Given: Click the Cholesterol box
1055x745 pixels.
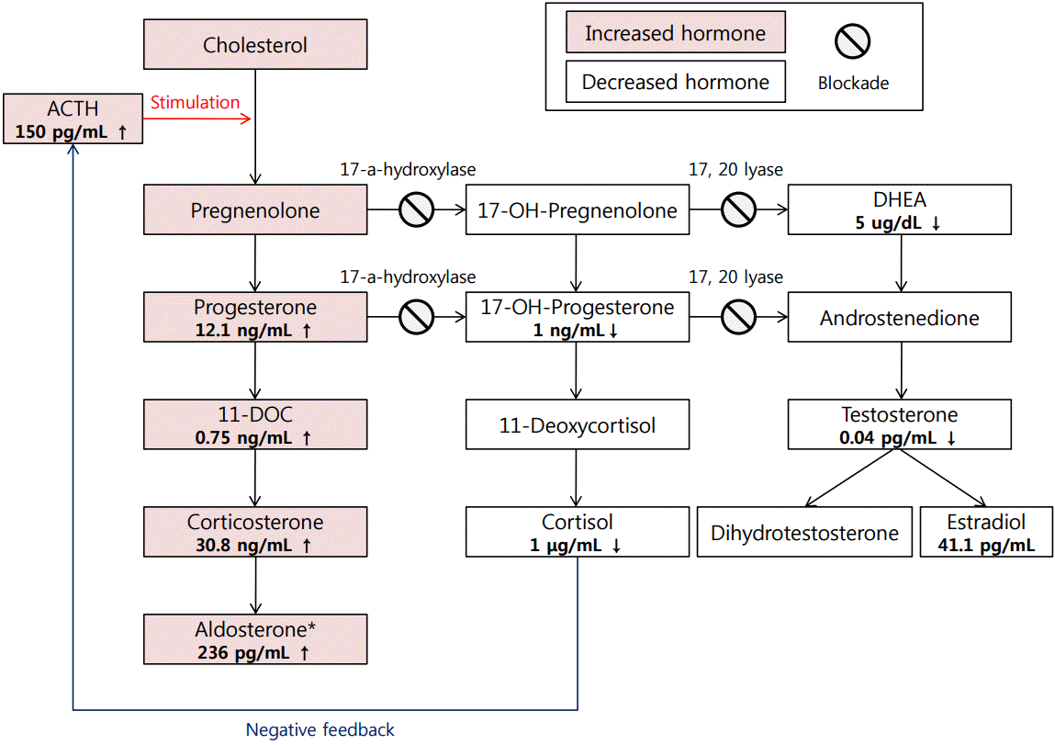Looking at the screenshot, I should (x=255, y=44).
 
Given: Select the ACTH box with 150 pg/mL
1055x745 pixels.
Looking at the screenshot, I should (x=71, y=119).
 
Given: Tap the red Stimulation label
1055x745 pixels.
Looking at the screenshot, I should (x=195, y=103).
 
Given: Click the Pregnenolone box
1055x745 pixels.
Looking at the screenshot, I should (x=255, y=210).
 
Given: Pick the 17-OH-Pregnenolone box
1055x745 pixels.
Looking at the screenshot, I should (x=577, y=210).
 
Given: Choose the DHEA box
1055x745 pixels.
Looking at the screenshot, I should (x=900, y=210).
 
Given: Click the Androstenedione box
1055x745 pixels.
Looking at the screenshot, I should (x=900, y=318).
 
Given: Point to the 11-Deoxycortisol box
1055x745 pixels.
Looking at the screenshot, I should (x=577, y=425).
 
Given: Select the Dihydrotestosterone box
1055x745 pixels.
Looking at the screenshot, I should (x=805, y=533).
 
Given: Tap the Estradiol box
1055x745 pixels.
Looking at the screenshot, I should (x=985, y=533).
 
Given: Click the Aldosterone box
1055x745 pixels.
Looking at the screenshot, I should (x=255, y=640).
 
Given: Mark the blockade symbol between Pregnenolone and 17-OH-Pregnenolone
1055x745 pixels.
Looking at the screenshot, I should (x=416, y=210).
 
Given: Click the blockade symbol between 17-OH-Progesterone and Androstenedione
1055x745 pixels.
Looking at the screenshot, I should (x=738, y=318).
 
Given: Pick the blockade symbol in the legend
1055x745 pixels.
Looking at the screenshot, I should (x=852, y=41).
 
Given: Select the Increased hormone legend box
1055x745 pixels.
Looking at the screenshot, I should (x=675, y=34).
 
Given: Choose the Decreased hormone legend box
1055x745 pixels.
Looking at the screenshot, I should (x=675, y=82).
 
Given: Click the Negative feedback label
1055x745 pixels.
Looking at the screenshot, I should (x=320, y=730).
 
